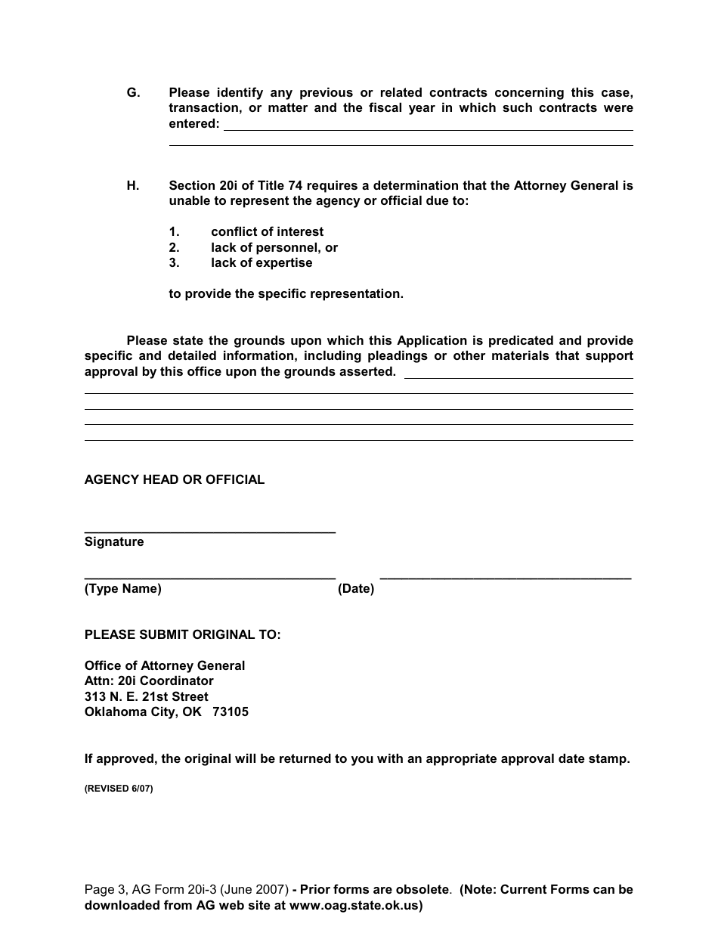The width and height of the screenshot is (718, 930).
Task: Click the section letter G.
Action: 133,93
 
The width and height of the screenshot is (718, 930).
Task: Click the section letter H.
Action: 133,186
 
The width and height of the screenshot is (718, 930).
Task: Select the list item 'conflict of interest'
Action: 267,232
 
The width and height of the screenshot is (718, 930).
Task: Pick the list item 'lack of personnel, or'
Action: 274,248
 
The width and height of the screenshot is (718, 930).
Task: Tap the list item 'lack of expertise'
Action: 262,263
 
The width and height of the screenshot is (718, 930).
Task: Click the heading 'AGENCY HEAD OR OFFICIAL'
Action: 175,480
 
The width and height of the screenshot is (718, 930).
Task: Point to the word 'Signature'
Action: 114,542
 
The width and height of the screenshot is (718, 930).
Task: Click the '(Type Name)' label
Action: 123,589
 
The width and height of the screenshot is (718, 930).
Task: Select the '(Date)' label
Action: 356,589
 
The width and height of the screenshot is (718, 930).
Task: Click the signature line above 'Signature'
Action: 210,533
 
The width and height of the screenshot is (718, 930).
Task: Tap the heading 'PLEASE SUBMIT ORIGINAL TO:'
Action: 183,635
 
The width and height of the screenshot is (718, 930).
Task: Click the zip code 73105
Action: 231,712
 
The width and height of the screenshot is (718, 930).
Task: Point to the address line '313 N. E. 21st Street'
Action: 147,697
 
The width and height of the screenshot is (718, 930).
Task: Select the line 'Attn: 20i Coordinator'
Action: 149,681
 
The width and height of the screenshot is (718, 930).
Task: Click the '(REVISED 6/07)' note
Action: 119,789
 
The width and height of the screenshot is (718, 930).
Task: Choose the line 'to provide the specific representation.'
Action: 286,294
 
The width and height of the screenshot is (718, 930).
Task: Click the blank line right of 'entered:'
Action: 429,129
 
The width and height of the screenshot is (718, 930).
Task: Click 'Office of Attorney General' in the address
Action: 165,666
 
